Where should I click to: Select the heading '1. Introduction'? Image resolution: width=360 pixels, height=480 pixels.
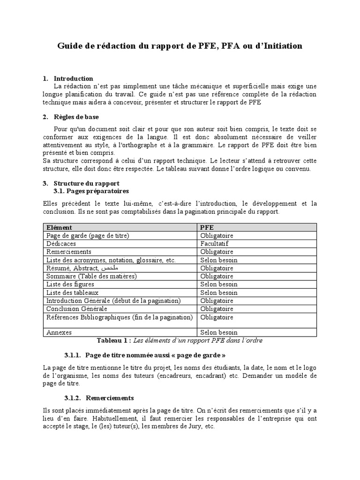point(73,78)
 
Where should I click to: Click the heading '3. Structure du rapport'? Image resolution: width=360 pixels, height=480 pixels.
point(86,183)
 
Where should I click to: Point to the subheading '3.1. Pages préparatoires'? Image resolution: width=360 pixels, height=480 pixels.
point(91,191)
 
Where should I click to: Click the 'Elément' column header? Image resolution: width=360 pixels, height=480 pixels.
point(59,227)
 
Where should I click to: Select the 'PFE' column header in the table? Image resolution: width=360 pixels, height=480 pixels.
point(207,227)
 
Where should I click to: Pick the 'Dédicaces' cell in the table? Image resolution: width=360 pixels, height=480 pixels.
point(61,244)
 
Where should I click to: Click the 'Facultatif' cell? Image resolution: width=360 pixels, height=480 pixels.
point(215,244)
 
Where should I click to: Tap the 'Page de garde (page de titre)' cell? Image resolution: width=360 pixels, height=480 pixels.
point(87,236)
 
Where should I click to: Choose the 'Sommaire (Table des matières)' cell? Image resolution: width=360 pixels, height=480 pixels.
point(91,276)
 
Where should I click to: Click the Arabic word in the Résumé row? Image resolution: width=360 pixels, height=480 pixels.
point(109,268)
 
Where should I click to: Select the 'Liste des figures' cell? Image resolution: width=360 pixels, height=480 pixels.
point(70,284)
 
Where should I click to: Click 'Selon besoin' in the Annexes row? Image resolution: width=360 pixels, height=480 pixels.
point(218,332)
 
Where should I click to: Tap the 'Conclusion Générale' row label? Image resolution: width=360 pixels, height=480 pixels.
point(76,308)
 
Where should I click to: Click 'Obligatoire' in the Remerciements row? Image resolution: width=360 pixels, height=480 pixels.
point(217,252)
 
